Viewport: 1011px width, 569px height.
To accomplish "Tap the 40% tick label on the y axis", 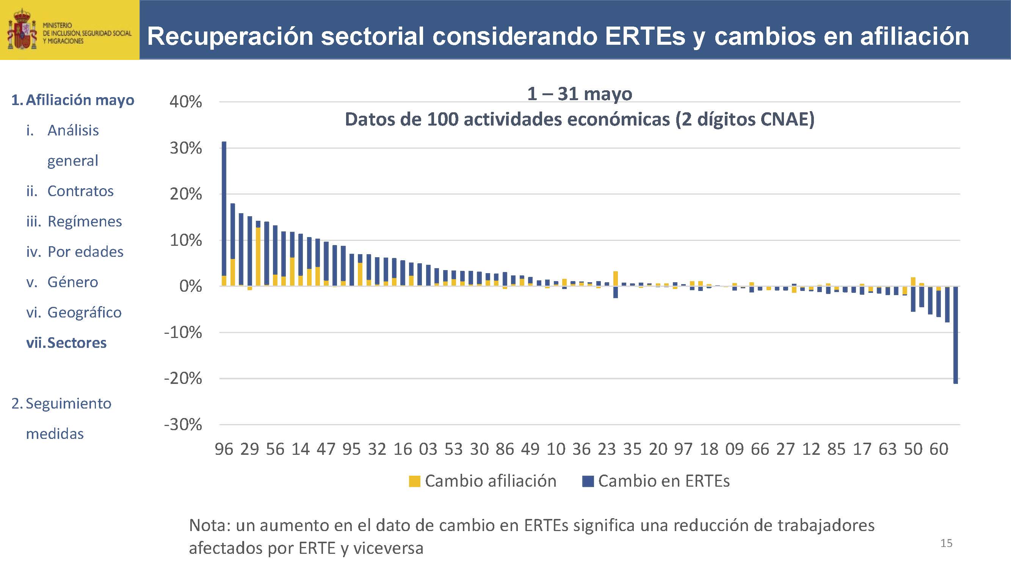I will tap(186, 102).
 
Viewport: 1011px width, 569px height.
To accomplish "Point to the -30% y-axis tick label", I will tap(183, 425).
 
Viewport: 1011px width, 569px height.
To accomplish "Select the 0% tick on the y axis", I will tap(190, 286).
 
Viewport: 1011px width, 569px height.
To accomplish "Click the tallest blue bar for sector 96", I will tap(224, 208).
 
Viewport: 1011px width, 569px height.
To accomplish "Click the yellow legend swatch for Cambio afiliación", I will tap(414, 481).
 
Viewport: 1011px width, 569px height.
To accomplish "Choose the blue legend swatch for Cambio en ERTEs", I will tap(588, 481).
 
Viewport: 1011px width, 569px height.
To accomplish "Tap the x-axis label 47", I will tap(326, 449).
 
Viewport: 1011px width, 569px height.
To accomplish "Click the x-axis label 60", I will tap(938, 449).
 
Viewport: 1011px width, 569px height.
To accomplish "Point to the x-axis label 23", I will tap(607, 449).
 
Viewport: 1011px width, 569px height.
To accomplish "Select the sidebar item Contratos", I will tap(80, 191).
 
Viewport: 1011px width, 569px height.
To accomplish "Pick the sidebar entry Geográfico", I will tap(85, 313).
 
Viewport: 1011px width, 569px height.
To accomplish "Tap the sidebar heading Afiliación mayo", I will tap(80, 100).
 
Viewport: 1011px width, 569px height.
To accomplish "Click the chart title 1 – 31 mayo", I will tap(579, 94).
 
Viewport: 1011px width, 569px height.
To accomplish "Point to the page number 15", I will tap(946, 544).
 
